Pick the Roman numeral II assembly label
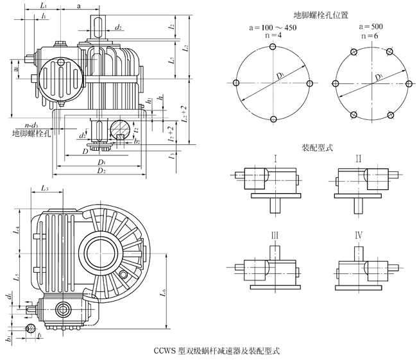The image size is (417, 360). (x=359, y=158)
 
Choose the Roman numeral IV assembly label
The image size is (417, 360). (x=359, y=235)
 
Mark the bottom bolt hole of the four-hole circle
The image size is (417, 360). (x=273, y=119)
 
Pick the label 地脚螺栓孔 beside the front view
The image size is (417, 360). (x=31, y=134)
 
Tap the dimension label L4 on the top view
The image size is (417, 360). (x=18, y=228)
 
